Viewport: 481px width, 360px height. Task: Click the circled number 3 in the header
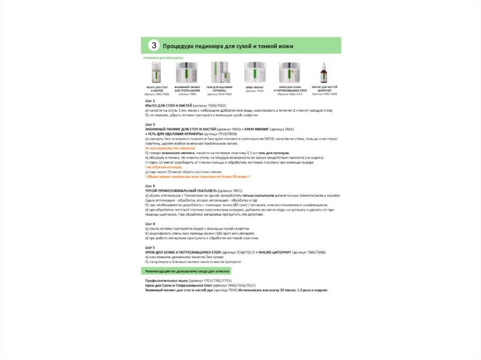click(154, 46)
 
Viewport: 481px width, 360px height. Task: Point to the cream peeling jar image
click(255, 73)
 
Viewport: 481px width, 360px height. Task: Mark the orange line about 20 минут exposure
click(198, 176)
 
